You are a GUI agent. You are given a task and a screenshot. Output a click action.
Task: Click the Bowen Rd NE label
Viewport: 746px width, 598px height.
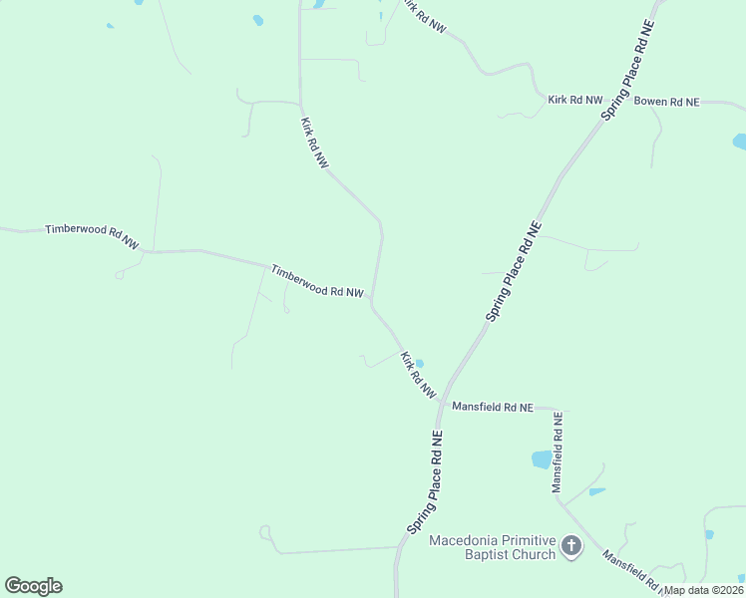click(x=667, y=102)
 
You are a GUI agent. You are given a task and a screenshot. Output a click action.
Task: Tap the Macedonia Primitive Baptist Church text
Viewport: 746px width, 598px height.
click(x=491, y=547)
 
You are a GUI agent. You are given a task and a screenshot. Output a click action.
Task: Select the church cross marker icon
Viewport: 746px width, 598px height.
click(x=571, y=545)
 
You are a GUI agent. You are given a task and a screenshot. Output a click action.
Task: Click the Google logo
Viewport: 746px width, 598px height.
click(x=33, y=586)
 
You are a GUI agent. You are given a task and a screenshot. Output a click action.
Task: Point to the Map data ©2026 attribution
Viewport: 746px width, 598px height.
click(x=703, y=590)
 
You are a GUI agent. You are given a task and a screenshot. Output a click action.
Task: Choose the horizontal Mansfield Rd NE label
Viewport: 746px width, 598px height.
click(x=493, y=407)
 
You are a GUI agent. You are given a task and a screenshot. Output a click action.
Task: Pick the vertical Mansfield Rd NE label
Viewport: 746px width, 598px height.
click(x=559, y=453)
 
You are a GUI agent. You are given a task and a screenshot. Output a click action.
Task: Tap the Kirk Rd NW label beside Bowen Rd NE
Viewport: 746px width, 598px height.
click(x=575, y=100)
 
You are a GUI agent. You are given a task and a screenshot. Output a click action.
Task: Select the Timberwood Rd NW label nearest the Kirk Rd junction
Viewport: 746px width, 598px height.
click(x=317, y=281)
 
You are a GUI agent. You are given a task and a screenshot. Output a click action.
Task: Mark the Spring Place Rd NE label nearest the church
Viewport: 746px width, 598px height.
click(x=424, y=481)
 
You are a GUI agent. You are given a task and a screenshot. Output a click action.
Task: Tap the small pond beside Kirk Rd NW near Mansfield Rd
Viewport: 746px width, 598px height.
click(x=420, y=364)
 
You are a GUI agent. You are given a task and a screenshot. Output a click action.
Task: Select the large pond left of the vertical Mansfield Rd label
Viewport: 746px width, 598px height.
click(x=542, y=459)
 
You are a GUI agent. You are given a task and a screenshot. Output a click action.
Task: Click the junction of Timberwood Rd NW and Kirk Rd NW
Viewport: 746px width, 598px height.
click(x=372, y=297)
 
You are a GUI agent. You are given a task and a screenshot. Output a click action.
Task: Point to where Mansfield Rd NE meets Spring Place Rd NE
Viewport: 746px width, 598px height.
click(x=439, y=405)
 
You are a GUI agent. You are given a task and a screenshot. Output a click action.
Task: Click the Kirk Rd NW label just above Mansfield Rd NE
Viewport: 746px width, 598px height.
click(x=418, y=375)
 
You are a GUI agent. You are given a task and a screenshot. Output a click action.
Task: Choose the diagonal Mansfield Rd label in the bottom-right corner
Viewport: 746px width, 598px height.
click(x=631, y=569)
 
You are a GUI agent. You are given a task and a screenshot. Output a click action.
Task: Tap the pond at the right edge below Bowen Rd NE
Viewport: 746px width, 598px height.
click(x=740, y=141)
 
